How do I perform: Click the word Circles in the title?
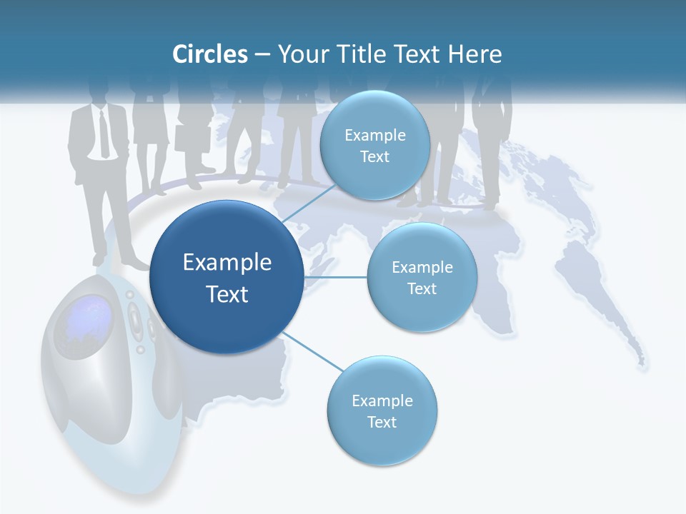[x=209, y=54]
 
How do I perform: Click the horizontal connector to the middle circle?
[x=336, y=277]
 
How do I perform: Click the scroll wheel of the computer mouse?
[x=134, y=314]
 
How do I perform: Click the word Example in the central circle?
[x=227, y=263]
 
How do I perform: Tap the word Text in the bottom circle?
[x=382, y=423]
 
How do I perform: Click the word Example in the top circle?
[x=374, y=136]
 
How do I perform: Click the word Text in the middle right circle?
[x=422, y=289]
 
